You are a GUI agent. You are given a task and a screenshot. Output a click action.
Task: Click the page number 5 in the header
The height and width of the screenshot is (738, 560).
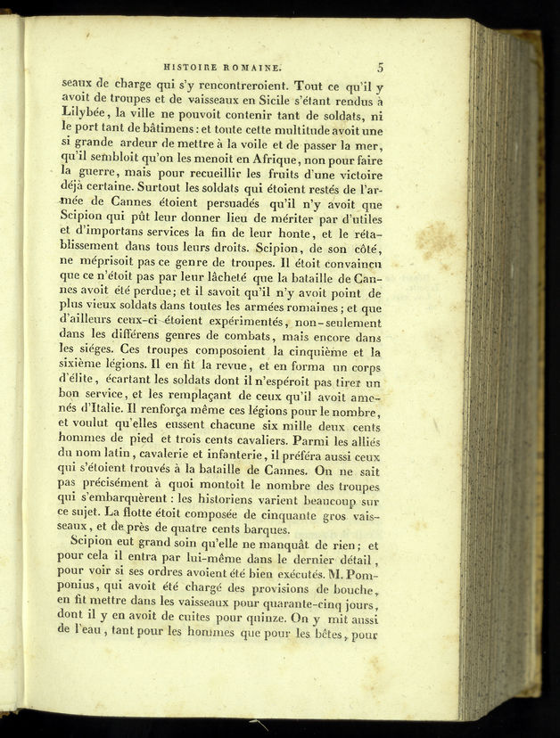[x=380, y=65]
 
